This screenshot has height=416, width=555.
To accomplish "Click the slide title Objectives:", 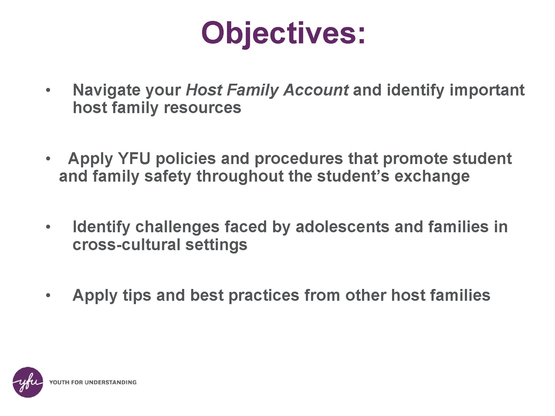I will click(283, 33).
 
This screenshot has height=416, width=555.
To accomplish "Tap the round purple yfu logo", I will click(28, 382).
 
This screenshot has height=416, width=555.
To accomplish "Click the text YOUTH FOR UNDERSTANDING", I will click(93, 382).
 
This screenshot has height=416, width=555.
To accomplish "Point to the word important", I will click(487, 90).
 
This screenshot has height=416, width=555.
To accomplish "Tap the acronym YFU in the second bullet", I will click(134, 159).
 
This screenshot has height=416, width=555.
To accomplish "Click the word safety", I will click(168, 176).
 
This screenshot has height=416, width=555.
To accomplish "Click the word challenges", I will click(177, 227).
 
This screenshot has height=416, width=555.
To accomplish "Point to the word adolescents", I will click(342, 227).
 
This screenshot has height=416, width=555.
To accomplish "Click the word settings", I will click(216, 244).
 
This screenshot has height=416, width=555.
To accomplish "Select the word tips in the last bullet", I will click(137, 295).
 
